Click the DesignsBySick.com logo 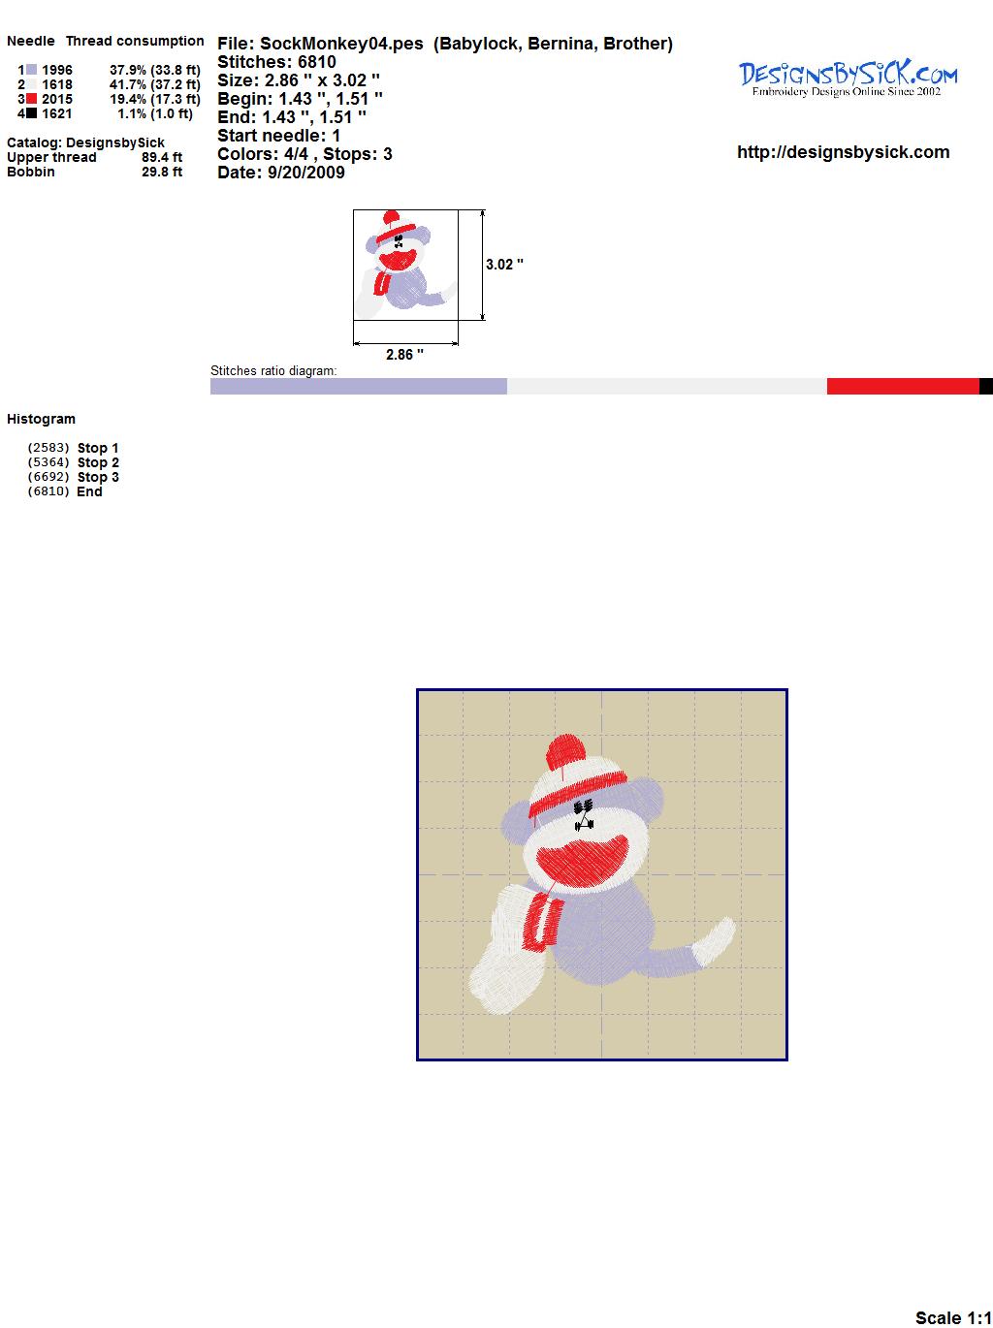848,79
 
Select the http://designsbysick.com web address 843,152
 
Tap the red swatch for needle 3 31,99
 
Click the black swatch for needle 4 31,113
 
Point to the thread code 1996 57,70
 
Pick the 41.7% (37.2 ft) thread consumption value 155,84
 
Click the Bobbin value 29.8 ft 162,172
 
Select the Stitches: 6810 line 276,62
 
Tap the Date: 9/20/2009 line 281,173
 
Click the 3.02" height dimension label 504,265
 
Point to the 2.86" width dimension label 404,355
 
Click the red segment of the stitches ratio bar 903,387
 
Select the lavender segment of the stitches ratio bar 358,387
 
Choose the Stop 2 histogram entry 98,462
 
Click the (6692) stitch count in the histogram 48,477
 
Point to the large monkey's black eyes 584,806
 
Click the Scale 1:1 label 953,1317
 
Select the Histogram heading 41,419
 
